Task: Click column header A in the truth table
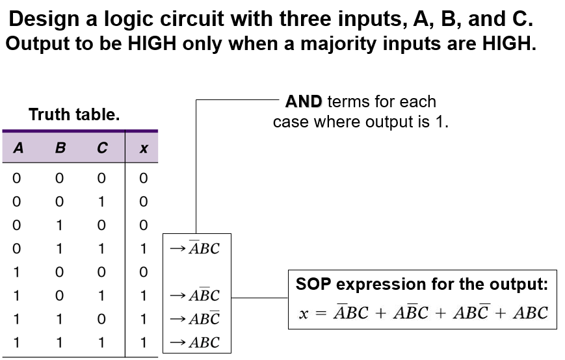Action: pyautogui.click(x=18, y=148)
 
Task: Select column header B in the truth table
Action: pyautogui.click(x=60, y=148)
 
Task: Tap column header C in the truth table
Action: pyautogui.click(x=102, y=148)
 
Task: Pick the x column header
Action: pyautogui.click(x=144, y=149)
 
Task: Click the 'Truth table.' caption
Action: pyautogui.click(x=74, y=116)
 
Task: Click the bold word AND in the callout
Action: pyautogui.click(x=304, y=101)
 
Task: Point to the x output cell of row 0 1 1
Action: pyautogui.click(x=144, y=248)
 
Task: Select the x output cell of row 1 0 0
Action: pyautogui.click(x=144, y=272)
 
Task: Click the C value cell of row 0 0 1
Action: pyautogui.click(x=102, y=201)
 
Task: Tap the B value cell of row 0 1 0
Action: pyautogui.click(x=60, y=225)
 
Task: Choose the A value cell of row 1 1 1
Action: pyautogui.click(x=18, y=342)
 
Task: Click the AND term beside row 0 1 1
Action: pyautogui.click(x=204, y=248)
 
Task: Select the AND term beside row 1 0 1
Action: pyautogui.click(x=204, y=296)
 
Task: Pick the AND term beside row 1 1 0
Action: pyautogui.click(x=204, y=319)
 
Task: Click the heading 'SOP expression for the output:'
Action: pyautogui.click(x=422, y=284)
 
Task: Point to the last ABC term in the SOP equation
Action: pyautogui.click(x=530, y=313)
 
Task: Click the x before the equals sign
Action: pyautogui.click(x=303, y=315)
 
